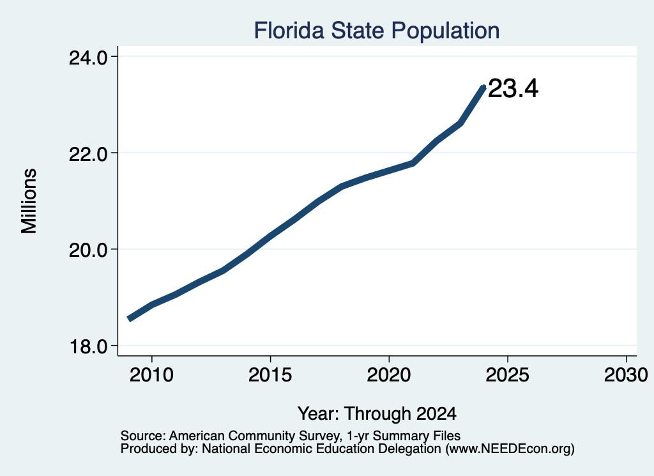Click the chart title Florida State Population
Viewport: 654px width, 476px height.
point(377,31)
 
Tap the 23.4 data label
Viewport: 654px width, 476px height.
point(513,88)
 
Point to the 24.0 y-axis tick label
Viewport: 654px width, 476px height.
point(88,58)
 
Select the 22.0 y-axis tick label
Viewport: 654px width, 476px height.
point(88,154)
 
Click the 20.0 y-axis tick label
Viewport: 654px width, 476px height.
point(88,250)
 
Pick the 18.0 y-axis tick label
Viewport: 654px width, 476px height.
point(88,347)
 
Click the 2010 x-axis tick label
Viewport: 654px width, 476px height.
point(151,374)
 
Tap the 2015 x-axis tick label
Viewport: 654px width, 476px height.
point(270,374)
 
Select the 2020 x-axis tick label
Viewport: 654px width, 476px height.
point(389,374)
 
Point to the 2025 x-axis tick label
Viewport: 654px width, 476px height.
point(508,374)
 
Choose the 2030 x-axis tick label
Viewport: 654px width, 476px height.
point(626,374)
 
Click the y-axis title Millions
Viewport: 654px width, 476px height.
point(29,201)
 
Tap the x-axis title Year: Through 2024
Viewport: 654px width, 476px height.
point(377,413)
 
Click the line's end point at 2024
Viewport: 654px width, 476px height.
point(484,87)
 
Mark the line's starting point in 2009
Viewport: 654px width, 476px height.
point(129,319)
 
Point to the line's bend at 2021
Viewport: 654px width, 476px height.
point(413,163)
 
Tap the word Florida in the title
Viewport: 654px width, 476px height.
point(289,31)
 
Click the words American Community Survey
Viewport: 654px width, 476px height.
point(254,436)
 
